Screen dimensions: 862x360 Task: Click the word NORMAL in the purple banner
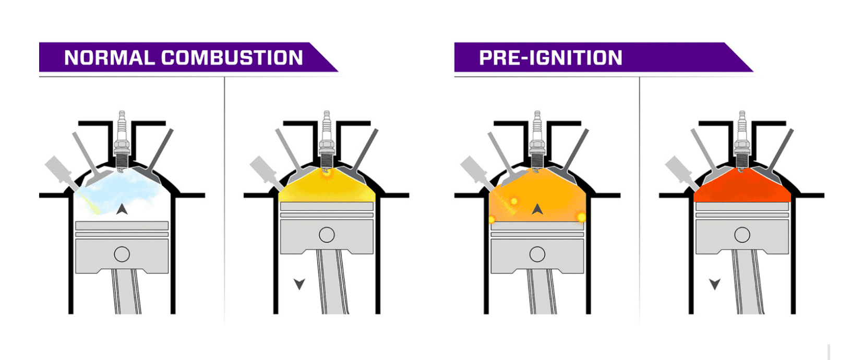[110, 58]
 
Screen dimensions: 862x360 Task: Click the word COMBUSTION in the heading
[232, 58]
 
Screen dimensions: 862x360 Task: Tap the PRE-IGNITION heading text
[550, 58]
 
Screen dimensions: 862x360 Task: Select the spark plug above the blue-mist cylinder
[122, 140]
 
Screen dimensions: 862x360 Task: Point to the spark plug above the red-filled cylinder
[742, 140]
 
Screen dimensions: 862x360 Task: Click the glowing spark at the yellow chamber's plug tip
[326, 172]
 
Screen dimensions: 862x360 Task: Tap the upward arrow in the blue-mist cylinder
[122, 209]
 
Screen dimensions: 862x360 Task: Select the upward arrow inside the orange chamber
[537, 209]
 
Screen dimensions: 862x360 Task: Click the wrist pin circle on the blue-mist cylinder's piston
[122, 254]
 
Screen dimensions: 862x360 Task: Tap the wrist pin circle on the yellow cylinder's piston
[327, 235]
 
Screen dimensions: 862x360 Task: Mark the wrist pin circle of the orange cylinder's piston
[537, 254]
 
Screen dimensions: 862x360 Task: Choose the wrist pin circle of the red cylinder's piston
[742, 235]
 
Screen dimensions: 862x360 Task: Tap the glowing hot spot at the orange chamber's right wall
[581, 218]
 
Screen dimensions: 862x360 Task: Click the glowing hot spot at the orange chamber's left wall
[492, 220]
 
